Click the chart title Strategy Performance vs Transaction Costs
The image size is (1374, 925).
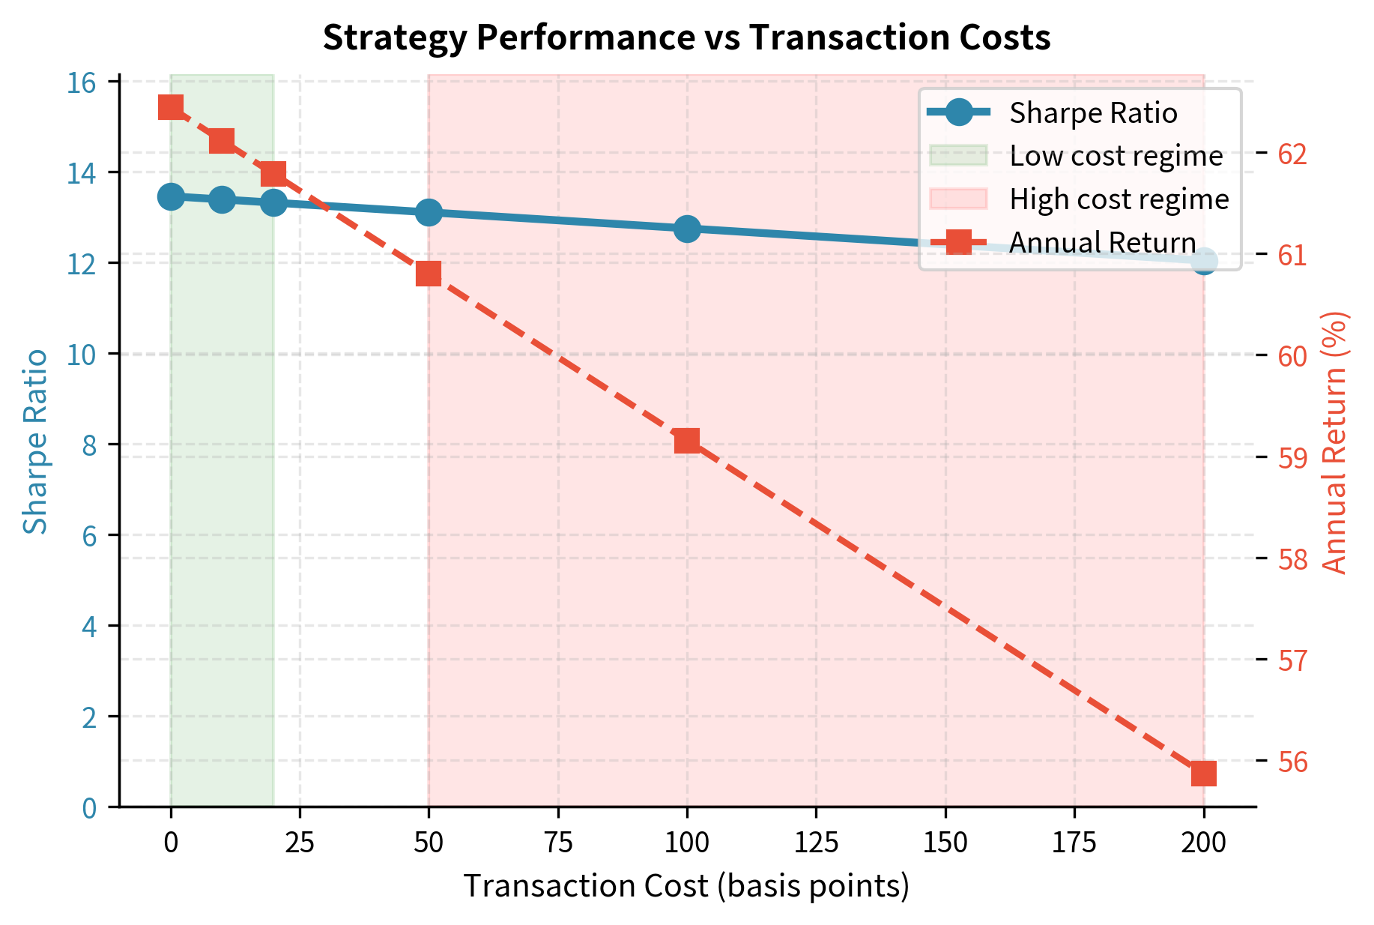686,37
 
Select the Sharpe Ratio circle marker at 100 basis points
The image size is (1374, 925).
687,229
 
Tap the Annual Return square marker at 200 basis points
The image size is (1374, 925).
1203,774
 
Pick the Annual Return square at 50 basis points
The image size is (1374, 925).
429,274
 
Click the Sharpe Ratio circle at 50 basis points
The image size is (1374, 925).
429,212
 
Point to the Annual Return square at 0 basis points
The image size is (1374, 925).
171,108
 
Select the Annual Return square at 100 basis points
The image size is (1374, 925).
687,441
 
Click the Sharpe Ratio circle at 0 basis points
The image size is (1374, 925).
171,197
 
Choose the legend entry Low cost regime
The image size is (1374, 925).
1116,156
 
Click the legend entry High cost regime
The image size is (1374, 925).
1119,199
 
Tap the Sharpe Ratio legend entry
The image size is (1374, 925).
1093,113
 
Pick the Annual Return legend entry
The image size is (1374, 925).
1102,243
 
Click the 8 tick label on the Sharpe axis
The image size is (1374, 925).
88,445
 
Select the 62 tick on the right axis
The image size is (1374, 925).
1292,154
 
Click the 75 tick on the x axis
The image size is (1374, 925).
557,843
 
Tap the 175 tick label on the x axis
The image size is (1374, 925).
1074,843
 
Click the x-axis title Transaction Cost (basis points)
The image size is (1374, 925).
686,886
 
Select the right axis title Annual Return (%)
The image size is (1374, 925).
1334,442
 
